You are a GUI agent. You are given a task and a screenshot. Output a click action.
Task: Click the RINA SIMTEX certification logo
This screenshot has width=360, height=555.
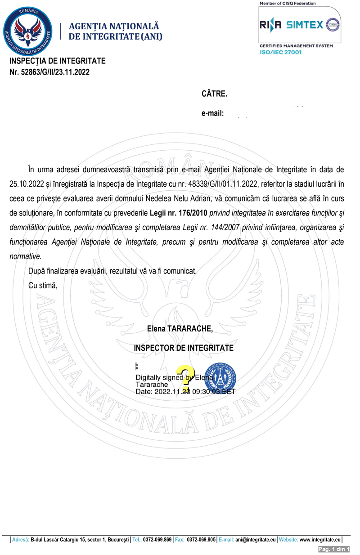(300, 25)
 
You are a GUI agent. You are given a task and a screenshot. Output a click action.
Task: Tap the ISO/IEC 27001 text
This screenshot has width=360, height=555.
(280, 52)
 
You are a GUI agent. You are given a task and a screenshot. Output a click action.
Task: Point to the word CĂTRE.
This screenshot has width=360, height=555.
(214, 94)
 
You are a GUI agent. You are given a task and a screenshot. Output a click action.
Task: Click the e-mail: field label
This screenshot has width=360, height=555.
(213, 113)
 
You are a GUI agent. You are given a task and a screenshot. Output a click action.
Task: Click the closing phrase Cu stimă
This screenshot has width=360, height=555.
(43, 285)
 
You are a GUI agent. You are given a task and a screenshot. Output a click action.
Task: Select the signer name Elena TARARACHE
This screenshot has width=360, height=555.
(180, 329)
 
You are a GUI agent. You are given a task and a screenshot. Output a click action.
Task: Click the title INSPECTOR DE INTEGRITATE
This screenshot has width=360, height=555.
(184, 348)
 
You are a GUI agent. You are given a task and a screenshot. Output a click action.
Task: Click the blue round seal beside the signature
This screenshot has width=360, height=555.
(220, 378)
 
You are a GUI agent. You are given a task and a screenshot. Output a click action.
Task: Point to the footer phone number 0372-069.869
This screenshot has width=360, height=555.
(158, 539)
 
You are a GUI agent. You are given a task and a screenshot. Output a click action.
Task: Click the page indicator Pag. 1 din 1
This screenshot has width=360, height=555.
(334, 549)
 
